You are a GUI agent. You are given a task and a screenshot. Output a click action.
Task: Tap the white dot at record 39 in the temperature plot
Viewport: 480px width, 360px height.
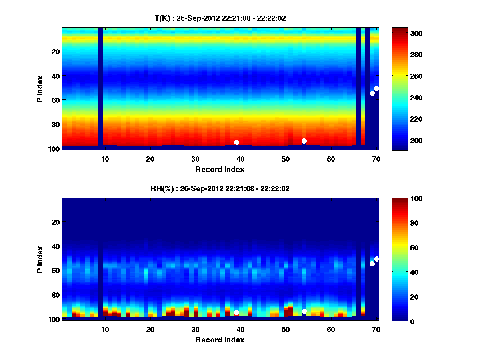point(236,142)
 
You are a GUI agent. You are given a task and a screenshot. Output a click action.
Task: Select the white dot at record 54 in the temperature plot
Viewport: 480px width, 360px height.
point(304,141)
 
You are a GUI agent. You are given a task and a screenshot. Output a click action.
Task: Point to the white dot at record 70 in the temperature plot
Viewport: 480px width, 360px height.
point(376,88)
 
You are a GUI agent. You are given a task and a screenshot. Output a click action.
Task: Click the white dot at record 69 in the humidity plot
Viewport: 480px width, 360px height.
point(372,264)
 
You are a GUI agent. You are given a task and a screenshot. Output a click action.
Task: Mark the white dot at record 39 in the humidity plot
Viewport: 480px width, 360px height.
point(236,312)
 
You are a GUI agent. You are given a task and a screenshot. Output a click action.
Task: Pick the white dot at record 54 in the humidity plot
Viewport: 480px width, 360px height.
point(304,311)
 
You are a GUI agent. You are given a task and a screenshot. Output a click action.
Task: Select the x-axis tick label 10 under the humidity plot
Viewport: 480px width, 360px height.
point(105,330)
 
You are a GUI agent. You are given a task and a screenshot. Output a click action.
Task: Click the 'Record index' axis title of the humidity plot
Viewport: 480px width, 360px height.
point(220,340)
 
